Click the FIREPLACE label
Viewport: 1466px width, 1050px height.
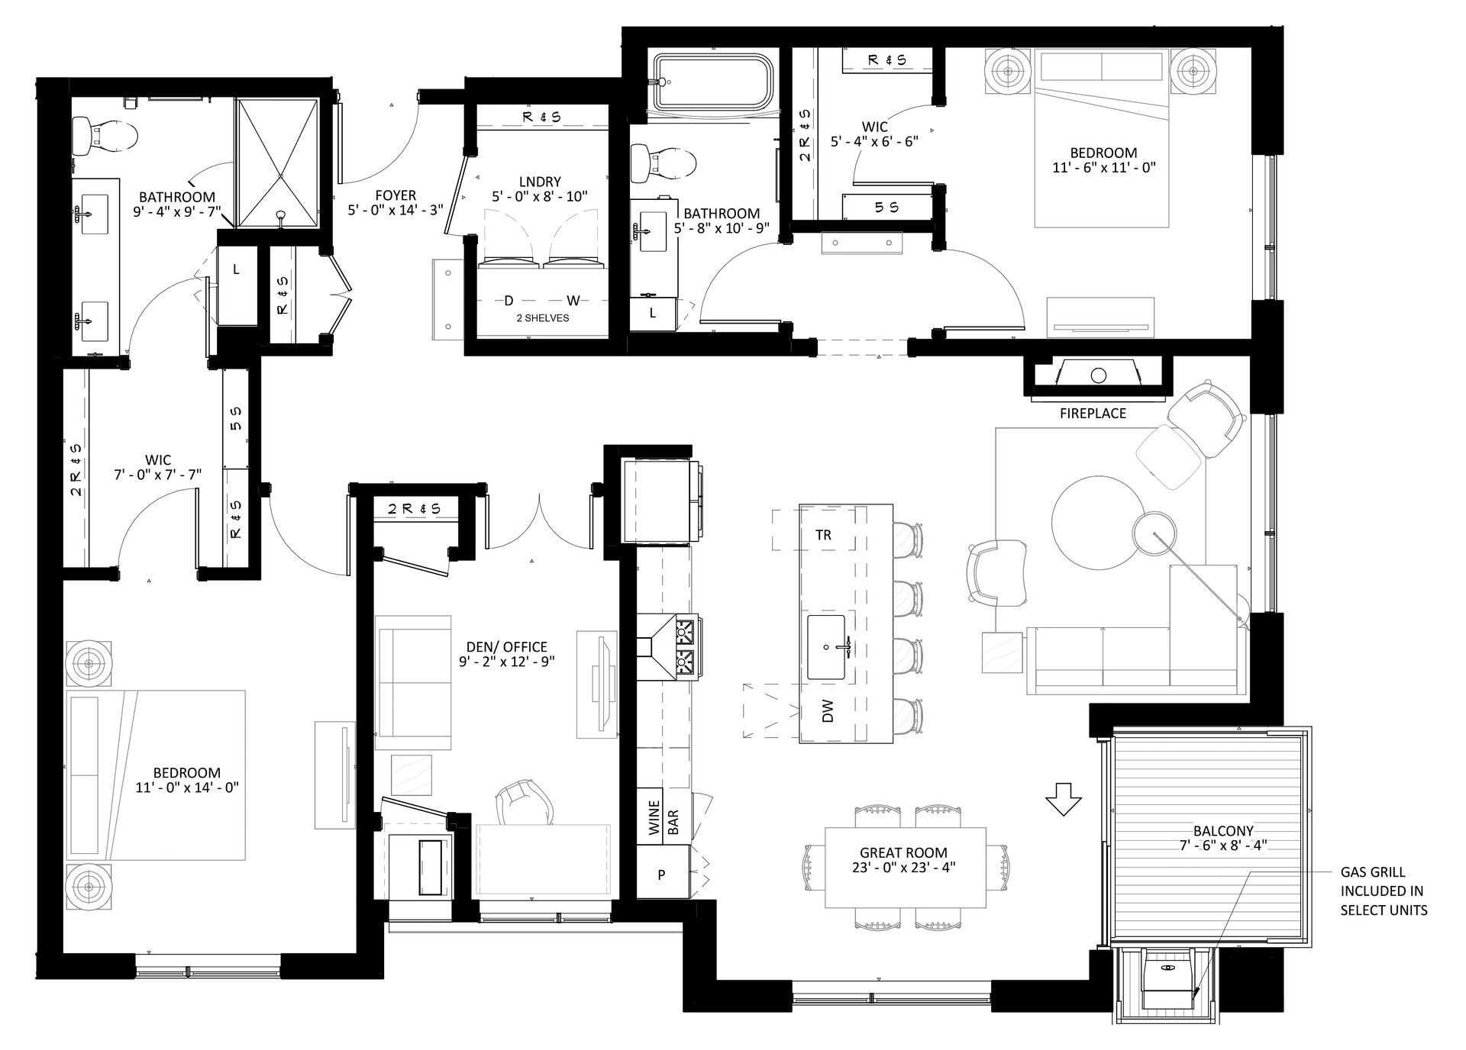[x=1093, y=414]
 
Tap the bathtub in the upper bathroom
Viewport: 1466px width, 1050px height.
[x=715, y=83]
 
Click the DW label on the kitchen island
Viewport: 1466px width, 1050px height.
[x=828, y=711]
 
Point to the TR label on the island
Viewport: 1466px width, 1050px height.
[x=823, y=535]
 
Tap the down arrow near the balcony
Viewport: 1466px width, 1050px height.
[x=1063, y=799]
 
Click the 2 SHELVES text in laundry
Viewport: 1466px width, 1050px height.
[x=542, y=317]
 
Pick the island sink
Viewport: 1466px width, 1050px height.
[x=826, y=647]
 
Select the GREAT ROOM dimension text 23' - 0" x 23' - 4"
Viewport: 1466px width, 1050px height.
[x=903, y=868]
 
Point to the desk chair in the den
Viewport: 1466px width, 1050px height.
[x=524, y=803]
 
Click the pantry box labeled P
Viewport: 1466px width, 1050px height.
[x=662, y=874]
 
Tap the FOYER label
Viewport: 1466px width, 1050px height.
[x=396, y=195]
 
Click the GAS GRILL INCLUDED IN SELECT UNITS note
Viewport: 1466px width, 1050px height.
[x=1383, y=891]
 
